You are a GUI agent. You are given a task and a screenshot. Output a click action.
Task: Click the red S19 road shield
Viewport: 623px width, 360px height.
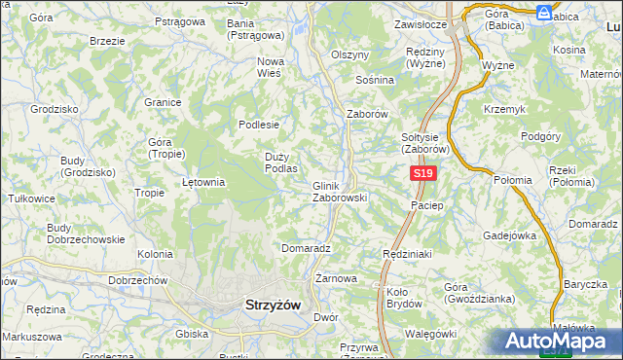[x=421, y=173]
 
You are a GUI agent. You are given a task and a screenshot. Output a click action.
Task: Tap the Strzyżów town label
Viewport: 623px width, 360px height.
[x=269, y=306]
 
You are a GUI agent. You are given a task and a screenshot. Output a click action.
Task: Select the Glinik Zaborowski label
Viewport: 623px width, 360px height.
[x=339, y=192]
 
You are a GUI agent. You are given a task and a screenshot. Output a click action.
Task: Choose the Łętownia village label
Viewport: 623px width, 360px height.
[x=204, y=182]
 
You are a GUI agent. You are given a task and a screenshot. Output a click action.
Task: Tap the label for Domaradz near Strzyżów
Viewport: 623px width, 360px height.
[x=307, y=248]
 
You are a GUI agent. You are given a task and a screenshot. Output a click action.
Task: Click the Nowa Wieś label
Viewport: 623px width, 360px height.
[x=270, y=67]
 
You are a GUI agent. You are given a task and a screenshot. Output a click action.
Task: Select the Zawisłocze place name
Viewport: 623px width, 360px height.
[x=420, y=24]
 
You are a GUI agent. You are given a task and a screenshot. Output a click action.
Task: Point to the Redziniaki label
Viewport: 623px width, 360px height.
[x=406, y=252]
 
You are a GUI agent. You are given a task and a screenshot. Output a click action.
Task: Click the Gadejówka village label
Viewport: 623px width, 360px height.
[x=511, y=235]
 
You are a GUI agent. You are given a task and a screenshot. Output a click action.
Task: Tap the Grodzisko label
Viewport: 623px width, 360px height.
[x=55, y=110]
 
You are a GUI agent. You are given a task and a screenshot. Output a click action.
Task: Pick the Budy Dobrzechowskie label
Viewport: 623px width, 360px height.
[x=86, y=234]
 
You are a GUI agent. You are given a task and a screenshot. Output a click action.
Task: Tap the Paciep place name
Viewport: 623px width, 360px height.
[x=427, y=205]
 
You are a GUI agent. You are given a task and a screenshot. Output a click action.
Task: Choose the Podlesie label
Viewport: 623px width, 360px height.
[x=260, y=125]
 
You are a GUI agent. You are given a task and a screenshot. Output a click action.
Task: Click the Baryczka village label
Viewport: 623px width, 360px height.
[x=584, y=285]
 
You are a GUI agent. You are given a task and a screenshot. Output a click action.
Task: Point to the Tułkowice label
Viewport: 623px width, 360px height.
[x=31, y=198]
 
